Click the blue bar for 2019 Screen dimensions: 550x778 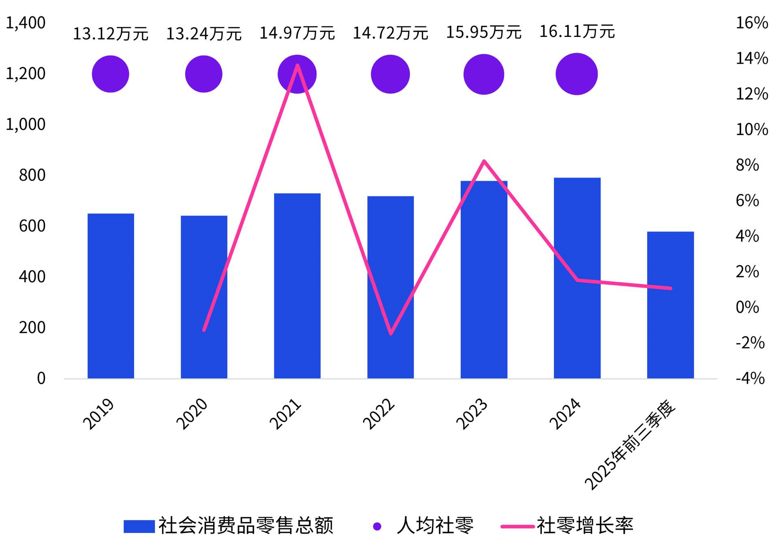pyautogui.click(x=111, y=296)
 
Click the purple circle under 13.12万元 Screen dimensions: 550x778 pyautogui.click(x=111, y=74)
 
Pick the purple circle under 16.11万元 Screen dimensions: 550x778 pyautogui.click(x=577, y=74)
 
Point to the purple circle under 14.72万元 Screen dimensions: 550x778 pyautogui.click(x=390, y=74)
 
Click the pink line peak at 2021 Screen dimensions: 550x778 pyautogui.click(x=297, y=65)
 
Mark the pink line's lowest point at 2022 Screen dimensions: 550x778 pyautogui.click(x=391, y=334)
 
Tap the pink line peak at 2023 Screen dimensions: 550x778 pyautogui.click(x=484, y=161)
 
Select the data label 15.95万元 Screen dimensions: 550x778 pyautogui.click(x=484, y=32)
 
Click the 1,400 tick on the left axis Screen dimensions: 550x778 pyautogui.click(x=26, y=23)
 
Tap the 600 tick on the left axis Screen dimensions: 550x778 pyautogui.click(x=32, y=226)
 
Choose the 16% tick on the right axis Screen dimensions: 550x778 pyautogui.click(x=752, y=23)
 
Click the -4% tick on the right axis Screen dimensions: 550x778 pyautogui.click(x=750, y=379)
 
